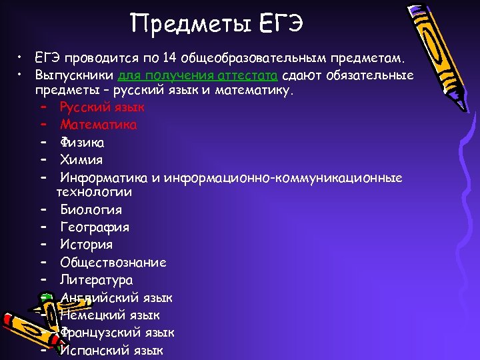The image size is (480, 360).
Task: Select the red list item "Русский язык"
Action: (x=101, y=107)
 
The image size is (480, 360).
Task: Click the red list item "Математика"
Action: (x=99, y=125)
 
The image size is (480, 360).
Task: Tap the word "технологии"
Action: (x=94, y=192)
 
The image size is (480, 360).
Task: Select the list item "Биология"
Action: (x=91, y=210)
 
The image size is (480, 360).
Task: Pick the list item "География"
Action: (x=94, y=227)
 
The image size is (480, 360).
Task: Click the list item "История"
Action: (x=86, y=245)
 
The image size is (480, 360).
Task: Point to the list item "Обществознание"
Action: (x=113, y=263)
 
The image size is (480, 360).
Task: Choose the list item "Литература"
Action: (x=96, y=280)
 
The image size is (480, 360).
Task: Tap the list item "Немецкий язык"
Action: (x=109, y=315)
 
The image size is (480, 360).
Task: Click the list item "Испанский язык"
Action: (x=111, y=350)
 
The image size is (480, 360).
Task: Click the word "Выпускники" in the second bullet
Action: (x=74, y=76)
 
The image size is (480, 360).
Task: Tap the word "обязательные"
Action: (x=369, y=76)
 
